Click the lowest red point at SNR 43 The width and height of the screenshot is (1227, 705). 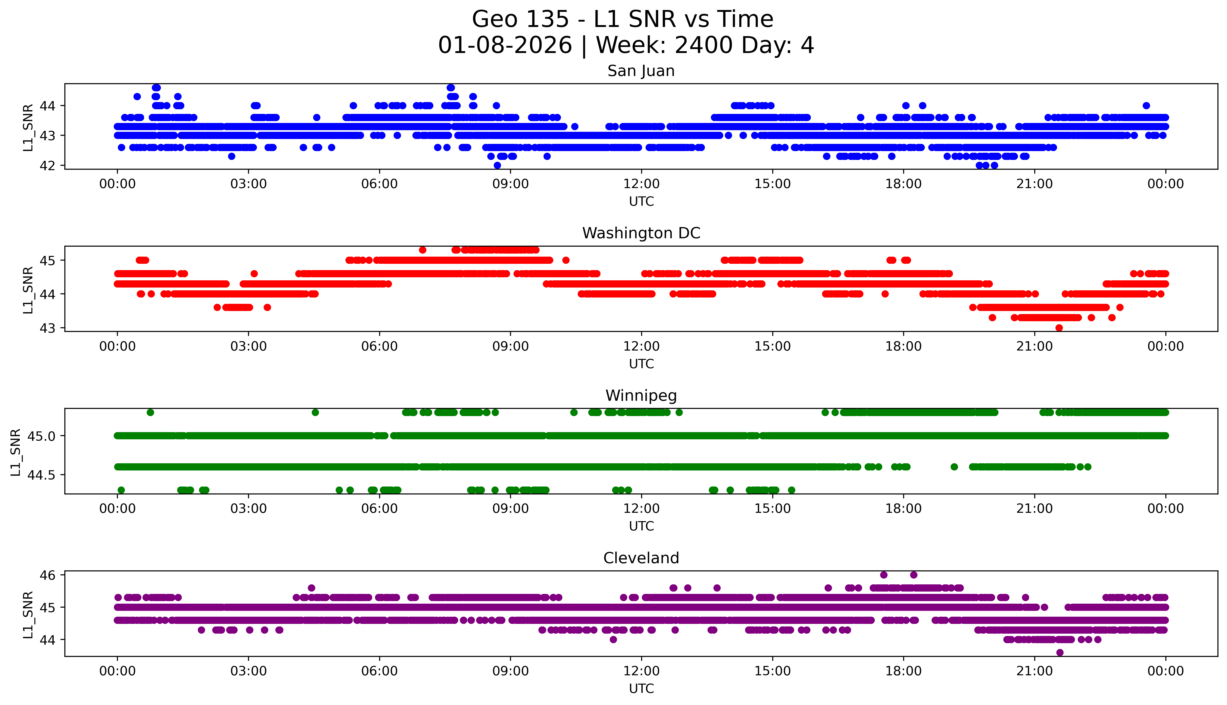point(1059,328)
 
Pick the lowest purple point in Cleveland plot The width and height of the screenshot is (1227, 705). point(1060,652)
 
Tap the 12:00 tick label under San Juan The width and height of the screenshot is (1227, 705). point(641,184)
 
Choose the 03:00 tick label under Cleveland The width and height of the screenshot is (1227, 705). point(249,671)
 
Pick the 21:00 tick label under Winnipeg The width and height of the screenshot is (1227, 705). point(1034,509)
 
